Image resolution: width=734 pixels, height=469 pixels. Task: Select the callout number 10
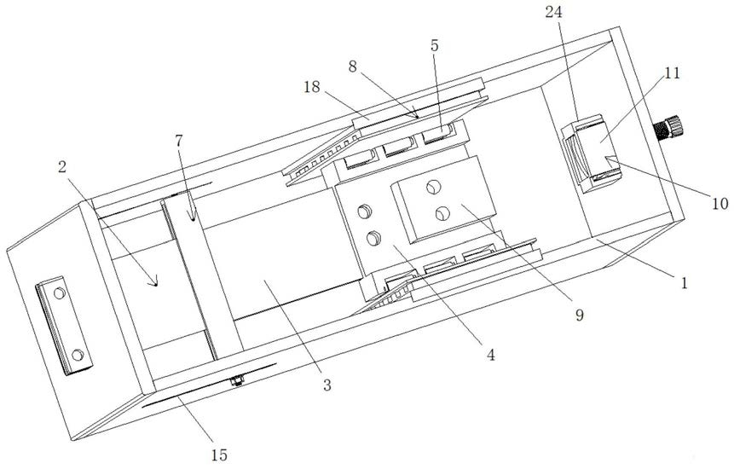point(720,205)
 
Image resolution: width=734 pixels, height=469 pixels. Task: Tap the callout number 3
point(326,385)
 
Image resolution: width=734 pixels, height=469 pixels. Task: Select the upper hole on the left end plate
point(59,293)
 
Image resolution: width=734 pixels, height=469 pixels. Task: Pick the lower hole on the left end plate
point(78,352)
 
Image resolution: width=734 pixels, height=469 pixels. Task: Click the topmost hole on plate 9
point(434,185)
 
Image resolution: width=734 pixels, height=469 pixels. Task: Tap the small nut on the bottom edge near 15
point(238,380)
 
